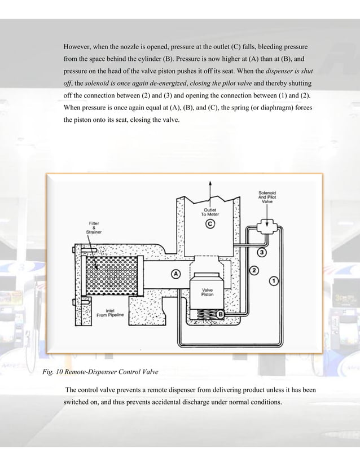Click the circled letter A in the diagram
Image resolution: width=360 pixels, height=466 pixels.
(x=175, y=274)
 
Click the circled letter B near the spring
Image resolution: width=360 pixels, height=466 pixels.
(x=221, y=314)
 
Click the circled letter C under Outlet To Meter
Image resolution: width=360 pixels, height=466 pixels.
(x=210, y=224)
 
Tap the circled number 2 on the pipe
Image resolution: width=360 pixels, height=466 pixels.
(x=254, y=271)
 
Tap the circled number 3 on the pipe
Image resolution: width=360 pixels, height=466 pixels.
(x=262, y=251)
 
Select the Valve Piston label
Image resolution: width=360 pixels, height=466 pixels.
(x=207, y=292)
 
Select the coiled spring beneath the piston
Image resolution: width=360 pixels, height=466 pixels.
(x=203, y=315)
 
